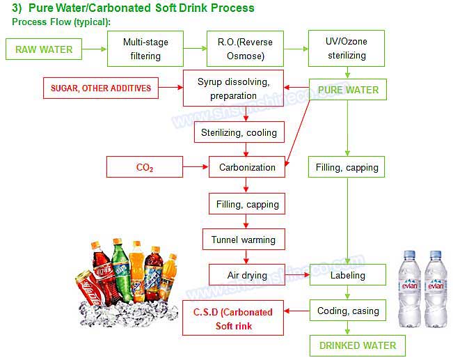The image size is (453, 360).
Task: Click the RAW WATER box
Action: click(44, 49)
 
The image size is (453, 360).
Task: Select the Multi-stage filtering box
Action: click(147, 49)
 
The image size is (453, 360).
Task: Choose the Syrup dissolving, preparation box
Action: click(233, 88)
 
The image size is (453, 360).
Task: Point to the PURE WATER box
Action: click(348, 90)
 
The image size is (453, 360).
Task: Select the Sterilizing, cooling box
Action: click(239, 132)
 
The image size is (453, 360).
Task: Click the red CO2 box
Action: click(145, 167)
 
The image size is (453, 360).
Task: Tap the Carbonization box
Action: click(247, 167)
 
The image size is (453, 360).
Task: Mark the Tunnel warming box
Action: click(243, 240)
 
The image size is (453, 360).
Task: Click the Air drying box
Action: click(247, 275)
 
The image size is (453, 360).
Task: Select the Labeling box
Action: click(348, 275)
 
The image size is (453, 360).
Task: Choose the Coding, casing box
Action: click(348, 311)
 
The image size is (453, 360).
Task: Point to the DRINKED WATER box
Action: click(357, 345)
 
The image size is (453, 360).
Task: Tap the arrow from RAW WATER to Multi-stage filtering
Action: click(94, 49)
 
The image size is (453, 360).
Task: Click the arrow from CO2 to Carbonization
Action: click(196, 167)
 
